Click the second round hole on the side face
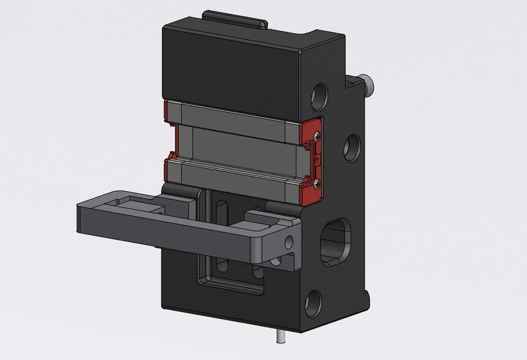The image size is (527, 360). [352, 148]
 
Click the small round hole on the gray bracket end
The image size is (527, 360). [289, 241]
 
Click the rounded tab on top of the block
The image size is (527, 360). [234, 20]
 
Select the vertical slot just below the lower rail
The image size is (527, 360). [222, 211]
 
